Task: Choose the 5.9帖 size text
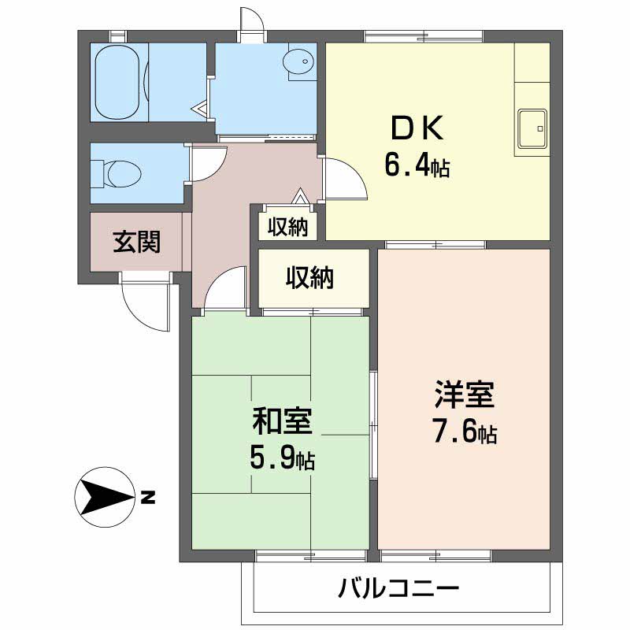[282, 458]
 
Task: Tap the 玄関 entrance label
[136, 242]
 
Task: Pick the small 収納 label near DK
[287, 227]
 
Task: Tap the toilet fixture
[115, 172]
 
